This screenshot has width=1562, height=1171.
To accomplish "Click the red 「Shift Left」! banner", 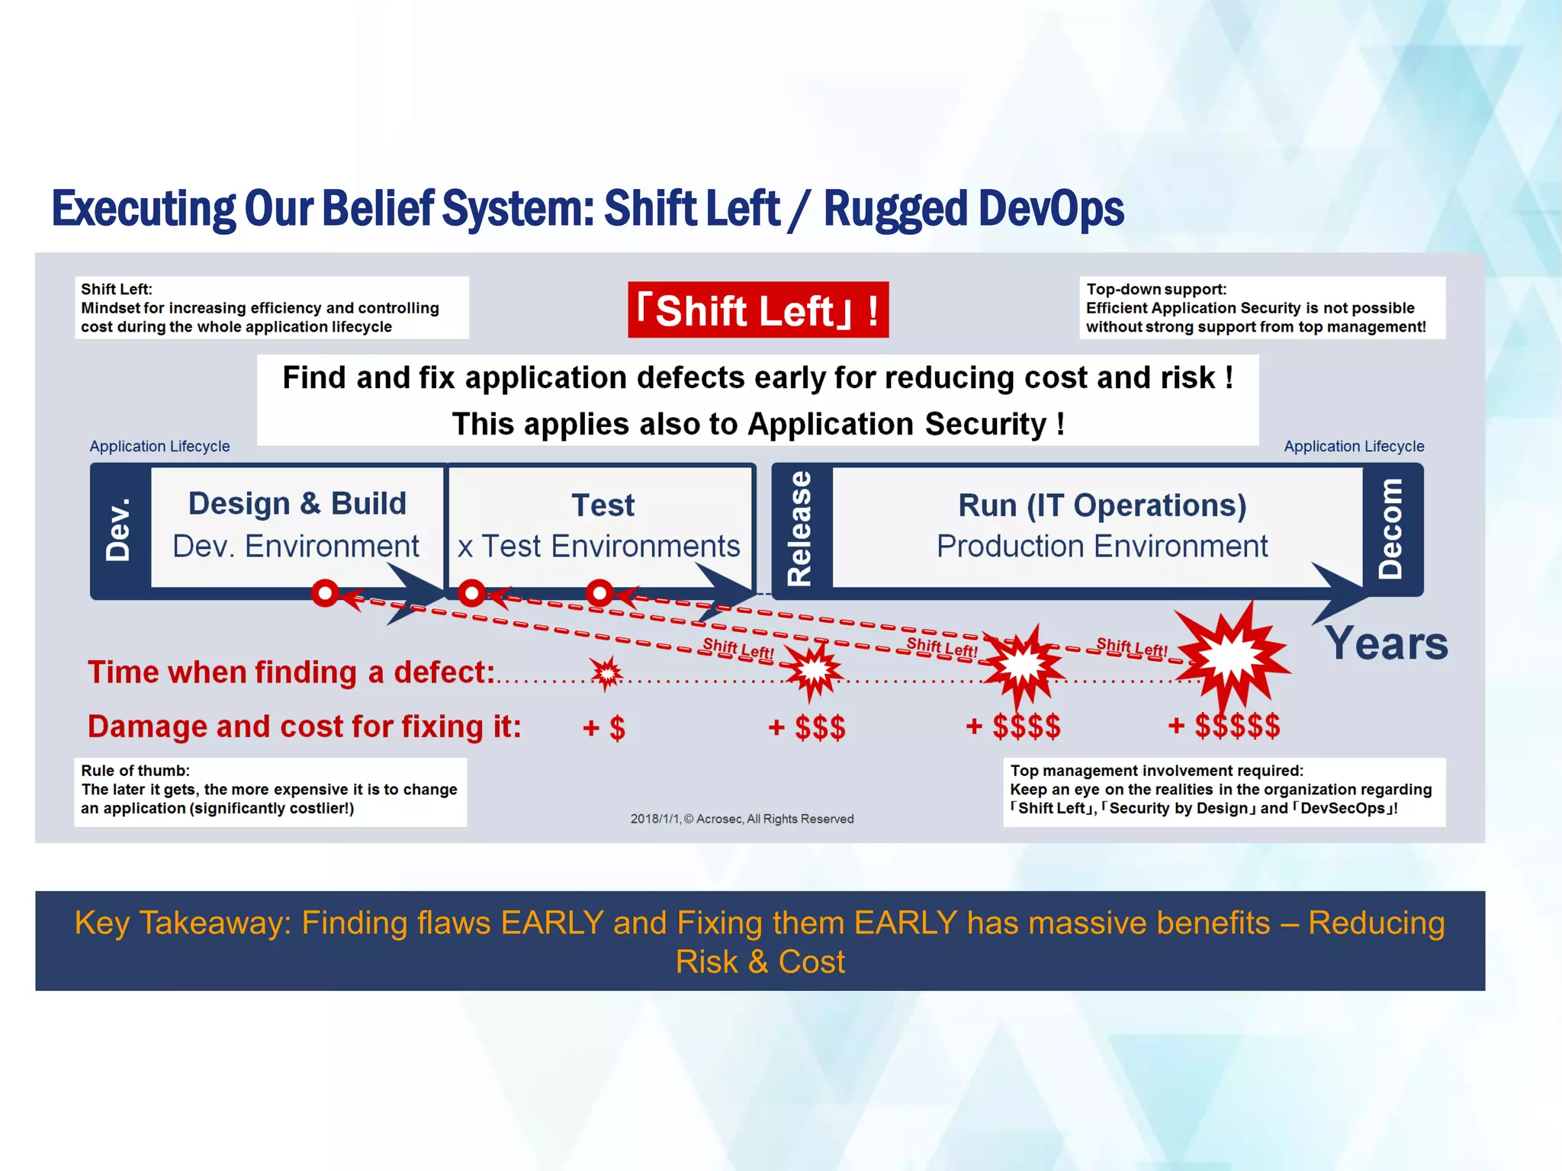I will tap(758, 310).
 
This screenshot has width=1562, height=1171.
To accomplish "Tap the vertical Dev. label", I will tap(118, 530).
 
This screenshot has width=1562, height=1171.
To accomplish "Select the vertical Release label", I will tap(799, 528).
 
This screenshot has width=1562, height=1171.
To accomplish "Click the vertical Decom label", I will tap(1391, 528).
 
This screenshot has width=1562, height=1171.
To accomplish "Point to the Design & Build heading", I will tap(297, 504).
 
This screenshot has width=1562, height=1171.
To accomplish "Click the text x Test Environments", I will tap(599, 547).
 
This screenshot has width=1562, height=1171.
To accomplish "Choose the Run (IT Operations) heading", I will tap(1102, 505).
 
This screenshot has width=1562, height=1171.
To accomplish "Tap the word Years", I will tap(1386, 643).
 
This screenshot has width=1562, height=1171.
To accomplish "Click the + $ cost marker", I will tap(604, 728).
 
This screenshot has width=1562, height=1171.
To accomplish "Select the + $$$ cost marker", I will tap(807, 727).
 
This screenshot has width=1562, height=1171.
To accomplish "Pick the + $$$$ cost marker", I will tap(1013, 727).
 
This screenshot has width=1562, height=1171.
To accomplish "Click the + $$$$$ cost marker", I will tap(1224, 726).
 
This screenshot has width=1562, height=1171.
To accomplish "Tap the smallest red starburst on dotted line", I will tap(607, 672).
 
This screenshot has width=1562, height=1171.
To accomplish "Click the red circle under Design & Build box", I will tap(326, 592).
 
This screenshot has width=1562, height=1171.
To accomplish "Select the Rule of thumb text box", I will tap(270, 790).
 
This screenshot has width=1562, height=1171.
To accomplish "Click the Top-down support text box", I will tap(1261, 308).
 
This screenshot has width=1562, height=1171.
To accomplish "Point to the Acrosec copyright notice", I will tap(741, 819).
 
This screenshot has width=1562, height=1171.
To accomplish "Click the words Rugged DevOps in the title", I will tap(973, 209).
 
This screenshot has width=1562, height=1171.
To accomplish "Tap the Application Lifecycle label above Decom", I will tap(1354, 446).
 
